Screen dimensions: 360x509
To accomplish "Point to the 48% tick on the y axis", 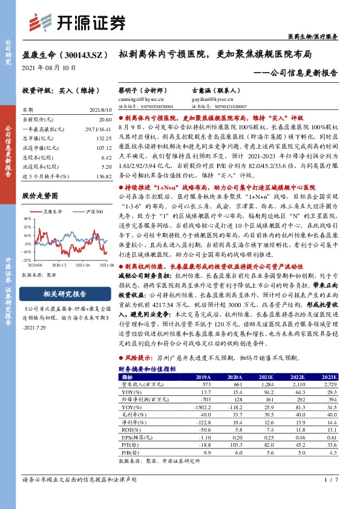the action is point(27,219).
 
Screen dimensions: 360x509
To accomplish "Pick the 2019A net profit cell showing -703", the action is point(201,400).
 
